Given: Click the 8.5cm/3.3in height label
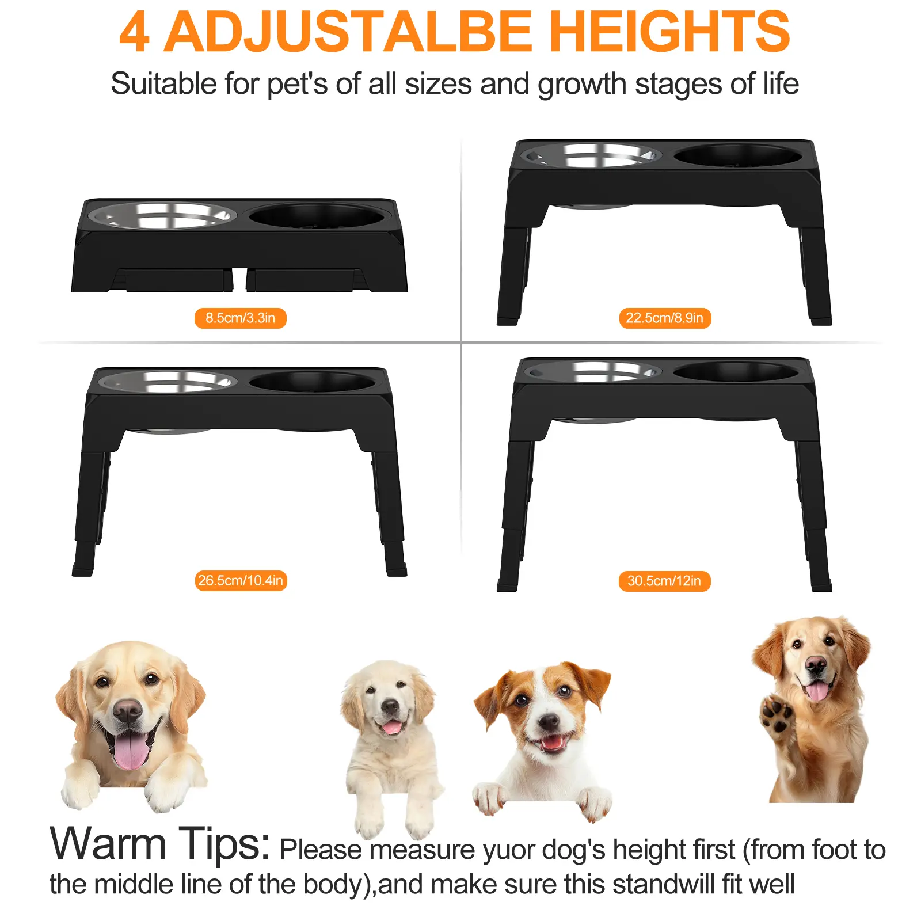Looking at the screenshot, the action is click(240, 318).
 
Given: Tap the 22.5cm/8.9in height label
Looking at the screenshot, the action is click(665, 318).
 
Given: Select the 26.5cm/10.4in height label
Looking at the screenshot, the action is click(241, 580).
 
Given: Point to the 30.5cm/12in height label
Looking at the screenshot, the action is click(665, 581).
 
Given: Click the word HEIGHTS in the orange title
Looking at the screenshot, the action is click(669, 32).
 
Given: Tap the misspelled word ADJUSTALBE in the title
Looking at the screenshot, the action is click(348, 32).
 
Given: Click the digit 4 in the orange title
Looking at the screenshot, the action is click(135, 32).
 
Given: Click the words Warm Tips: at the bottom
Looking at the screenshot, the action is click(160, 843).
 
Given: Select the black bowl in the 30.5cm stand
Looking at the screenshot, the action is click(737, 371).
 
